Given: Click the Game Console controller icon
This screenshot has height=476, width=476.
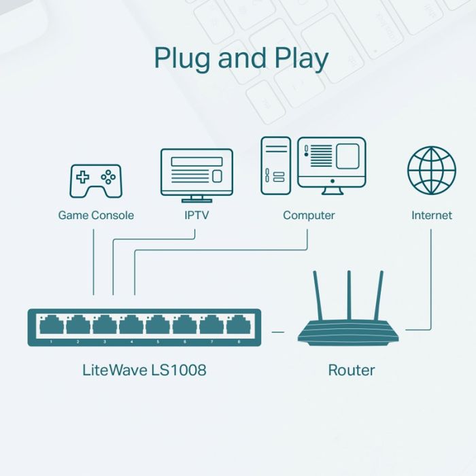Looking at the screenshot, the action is coord(96,182).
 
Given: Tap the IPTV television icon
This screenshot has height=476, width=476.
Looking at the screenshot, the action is coord(197,175).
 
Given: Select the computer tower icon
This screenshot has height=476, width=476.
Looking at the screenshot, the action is coord(275,166).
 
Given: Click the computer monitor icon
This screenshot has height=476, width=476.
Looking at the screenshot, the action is coord(332,166).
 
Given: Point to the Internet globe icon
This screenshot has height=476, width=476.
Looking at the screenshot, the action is coord(431,170).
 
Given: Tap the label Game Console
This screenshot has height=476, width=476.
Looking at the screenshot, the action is coord(96,216).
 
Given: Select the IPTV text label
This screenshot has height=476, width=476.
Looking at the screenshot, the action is coord(197,216).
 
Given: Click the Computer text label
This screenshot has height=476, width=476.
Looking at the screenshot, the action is coord(309,216).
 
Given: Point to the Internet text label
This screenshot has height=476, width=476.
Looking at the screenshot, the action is coord(431,216).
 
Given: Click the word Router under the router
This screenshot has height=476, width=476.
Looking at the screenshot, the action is coord(352,371).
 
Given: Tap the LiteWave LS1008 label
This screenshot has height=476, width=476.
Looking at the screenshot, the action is coord(144,370).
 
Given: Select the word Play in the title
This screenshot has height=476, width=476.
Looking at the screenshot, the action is coord(301,59).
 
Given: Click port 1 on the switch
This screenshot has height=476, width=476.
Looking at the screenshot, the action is coord(52,324).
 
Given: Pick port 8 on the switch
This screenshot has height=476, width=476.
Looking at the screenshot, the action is coord(239,324).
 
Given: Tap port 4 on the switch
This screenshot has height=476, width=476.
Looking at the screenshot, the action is coord(131,324).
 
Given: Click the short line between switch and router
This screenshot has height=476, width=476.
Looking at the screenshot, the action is coord(277,332).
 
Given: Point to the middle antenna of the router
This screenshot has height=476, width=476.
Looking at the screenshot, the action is coord(349,295).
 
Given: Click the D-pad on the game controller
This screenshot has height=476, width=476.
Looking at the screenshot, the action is coord(82,177).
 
